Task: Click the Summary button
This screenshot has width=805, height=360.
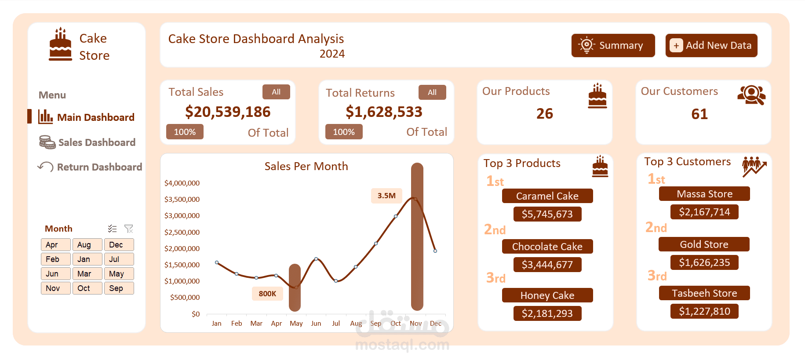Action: click(613, 45)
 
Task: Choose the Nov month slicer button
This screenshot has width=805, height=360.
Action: click(55, 288)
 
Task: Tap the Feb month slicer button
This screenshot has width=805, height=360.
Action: click(55, 259)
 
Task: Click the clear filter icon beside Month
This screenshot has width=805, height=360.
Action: click(128, 229)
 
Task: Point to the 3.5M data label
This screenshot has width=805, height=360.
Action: click(386, 196)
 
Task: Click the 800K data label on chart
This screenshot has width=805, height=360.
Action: click(267, 294)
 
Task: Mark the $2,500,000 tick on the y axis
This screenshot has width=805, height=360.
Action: click(182, 232)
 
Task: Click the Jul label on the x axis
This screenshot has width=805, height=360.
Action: click(336, 324)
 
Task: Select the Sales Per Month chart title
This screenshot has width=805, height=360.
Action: click(306, 166)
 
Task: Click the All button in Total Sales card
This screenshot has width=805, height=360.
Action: click(276, 92)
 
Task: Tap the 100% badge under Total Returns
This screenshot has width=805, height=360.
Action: click(344, 132)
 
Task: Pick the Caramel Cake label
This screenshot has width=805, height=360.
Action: click(547, 196)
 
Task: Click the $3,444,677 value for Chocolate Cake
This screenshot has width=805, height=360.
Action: click(547, 265)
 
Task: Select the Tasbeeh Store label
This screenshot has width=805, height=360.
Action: click(704, 293)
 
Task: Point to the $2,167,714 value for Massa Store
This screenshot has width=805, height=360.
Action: click(704, 212)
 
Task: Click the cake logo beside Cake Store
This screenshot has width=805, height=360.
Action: click(61, 44)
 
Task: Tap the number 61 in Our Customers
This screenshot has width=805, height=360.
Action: click(699, 114)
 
